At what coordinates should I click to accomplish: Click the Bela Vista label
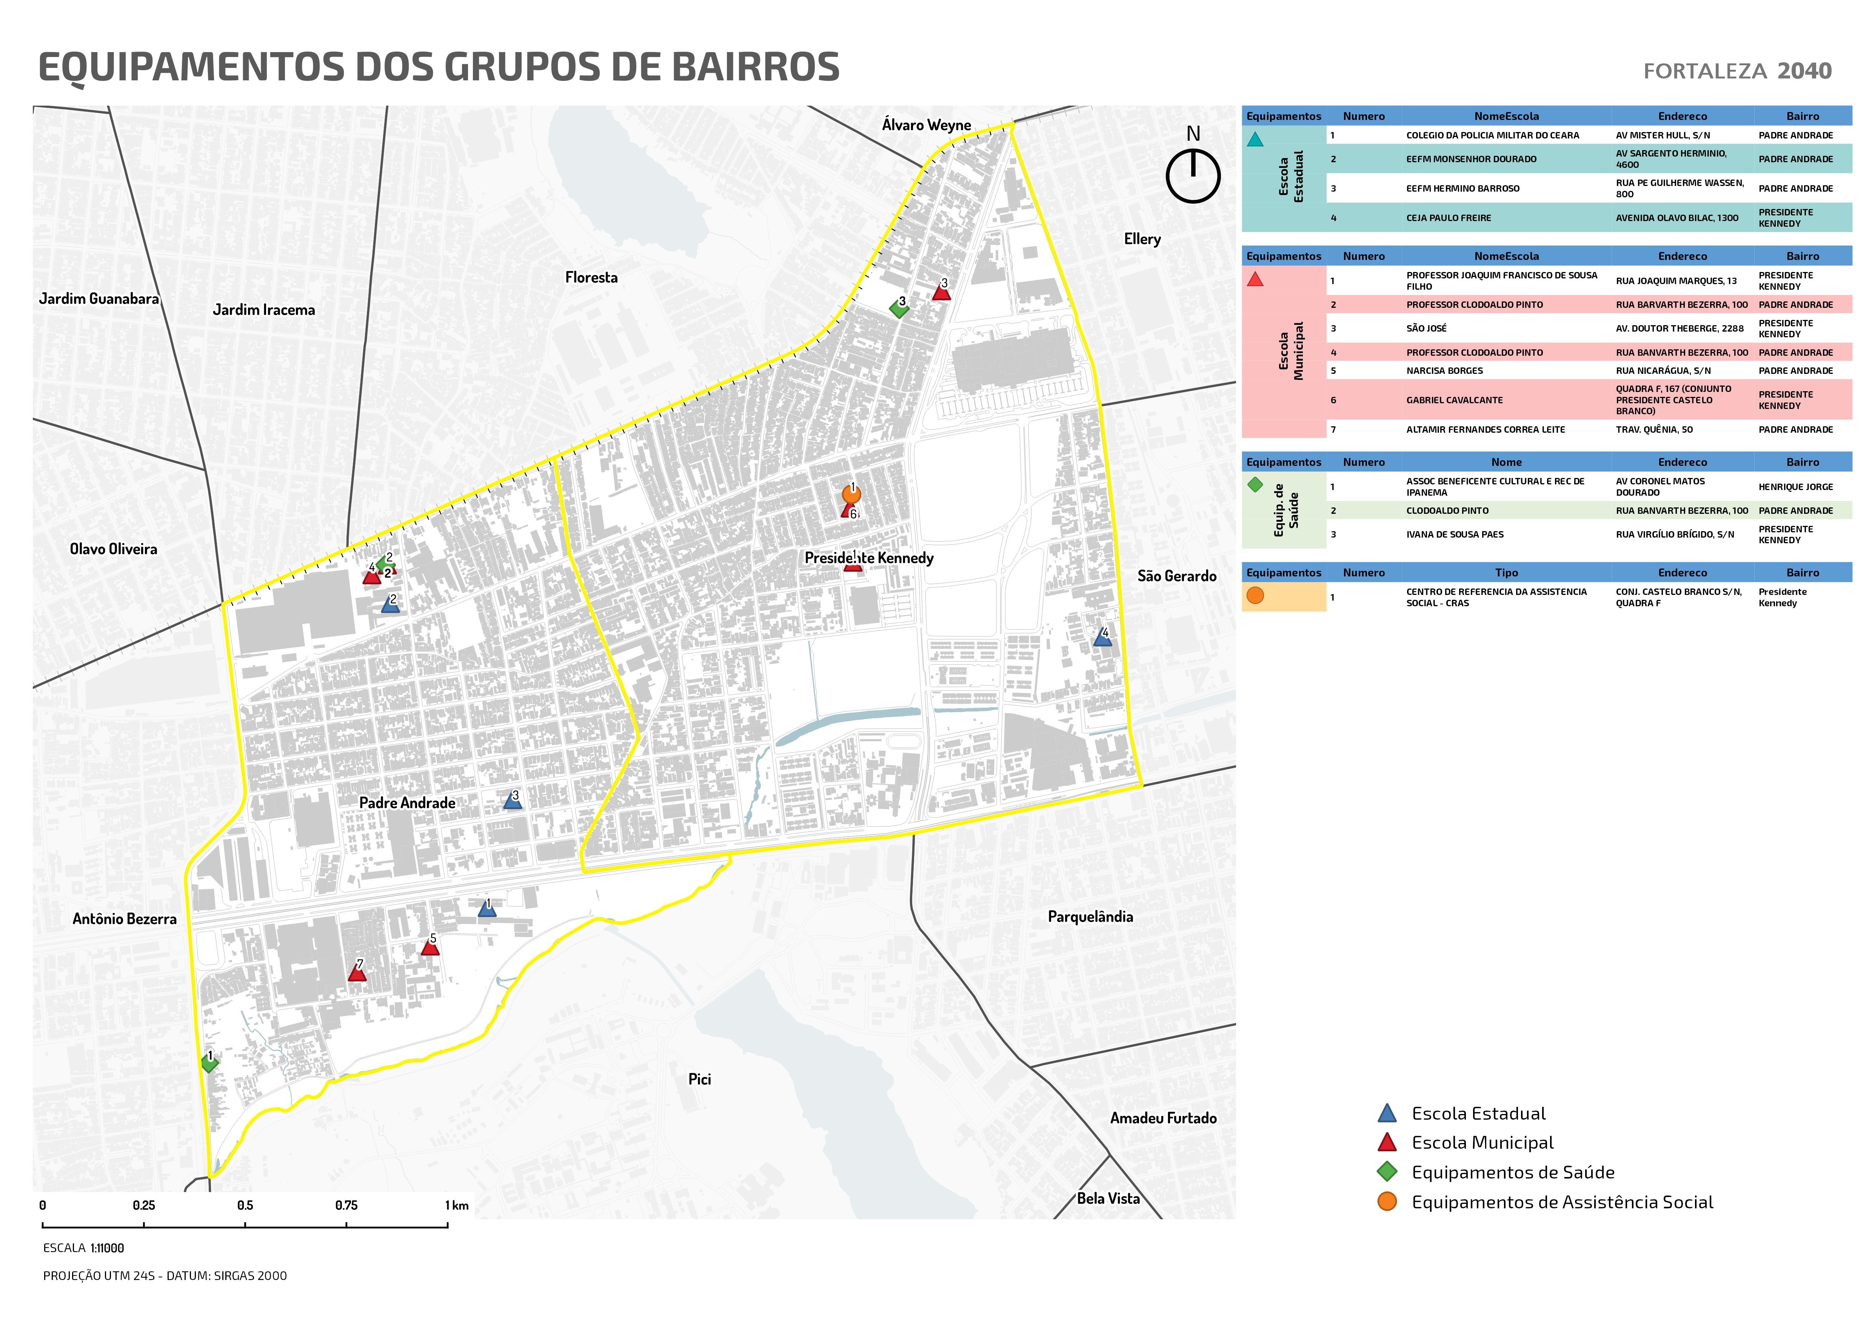tap(1108, 1198)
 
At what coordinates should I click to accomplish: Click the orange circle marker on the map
tap(851, 495)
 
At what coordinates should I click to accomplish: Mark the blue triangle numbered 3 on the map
tap(512, 801)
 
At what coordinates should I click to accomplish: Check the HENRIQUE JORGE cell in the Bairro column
tap(1795, 487)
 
